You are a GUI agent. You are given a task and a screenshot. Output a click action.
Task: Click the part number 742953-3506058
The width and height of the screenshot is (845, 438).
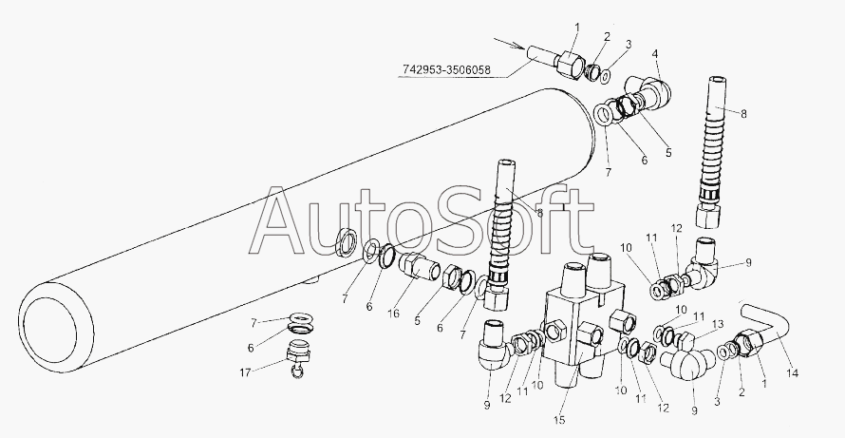click(447, 70)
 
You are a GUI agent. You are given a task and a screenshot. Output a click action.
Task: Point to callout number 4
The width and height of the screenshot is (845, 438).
click(655, 54)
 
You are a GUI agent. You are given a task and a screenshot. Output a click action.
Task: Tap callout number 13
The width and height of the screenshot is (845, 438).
click(717, 323)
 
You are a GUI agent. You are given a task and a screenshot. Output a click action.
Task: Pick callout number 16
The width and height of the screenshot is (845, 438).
click(394, 314)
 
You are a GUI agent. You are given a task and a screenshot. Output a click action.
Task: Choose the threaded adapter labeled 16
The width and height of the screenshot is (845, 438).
click(421, 267)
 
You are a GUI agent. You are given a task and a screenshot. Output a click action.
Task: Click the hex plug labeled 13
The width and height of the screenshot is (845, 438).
click(686, 339)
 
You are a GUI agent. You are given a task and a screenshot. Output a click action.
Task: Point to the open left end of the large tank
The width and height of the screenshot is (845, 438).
click(56, 327)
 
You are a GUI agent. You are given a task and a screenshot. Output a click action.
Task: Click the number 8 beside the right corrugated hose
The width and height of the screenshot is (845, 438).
click(743, 114)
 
